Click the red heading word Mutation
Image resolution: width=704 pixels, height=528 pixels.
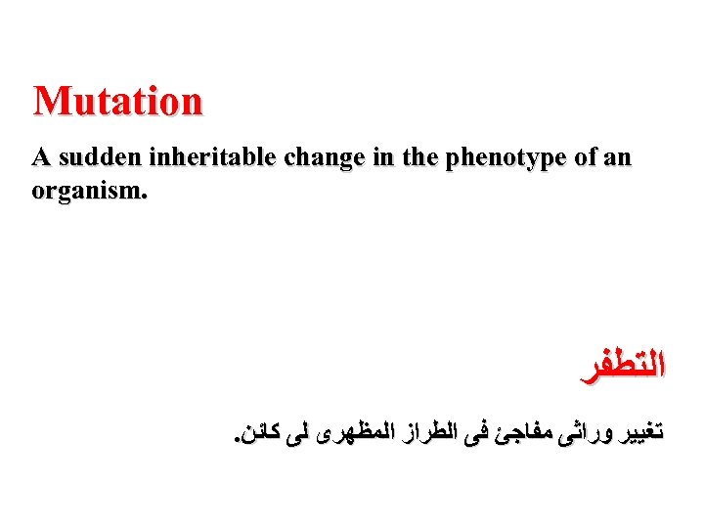tap(118, 101)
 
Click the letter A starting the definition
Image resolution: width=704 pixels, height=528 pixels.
tap(40, 158)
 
